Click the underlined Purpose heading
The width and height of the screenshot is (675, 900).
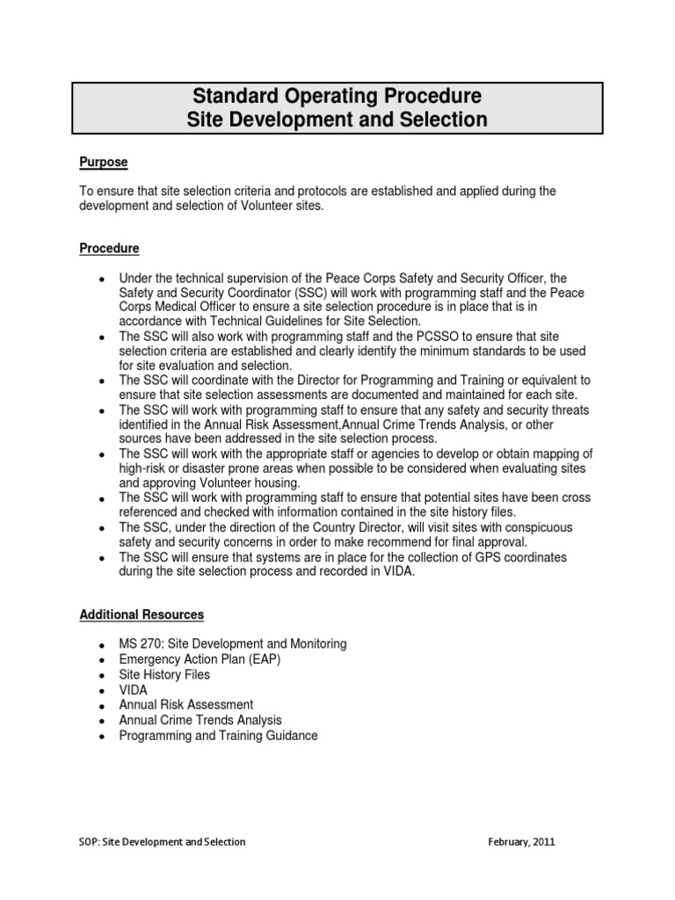click(104, 163)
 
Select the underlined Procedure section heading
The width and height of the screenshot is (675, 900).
click(109, 249)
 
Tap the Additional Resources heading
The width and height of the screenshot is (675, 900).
click(142, 614)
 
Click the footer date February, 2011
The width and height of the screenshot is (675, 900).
click(521, 842)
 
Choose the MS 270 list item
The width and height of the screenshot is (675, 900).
click(232, 644)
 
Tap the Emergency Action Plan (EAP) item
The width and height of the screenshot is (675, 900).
click(200, 659)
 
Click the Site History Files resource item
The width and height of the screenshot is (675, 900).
click(164, 675)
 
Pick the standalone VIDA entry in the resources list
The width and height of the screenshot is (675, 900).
click(134, 690)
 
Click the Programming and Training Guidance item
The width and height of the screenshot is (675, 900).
click(218, 736)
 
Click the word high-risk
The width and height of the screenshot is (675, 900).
click(147, 468)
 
